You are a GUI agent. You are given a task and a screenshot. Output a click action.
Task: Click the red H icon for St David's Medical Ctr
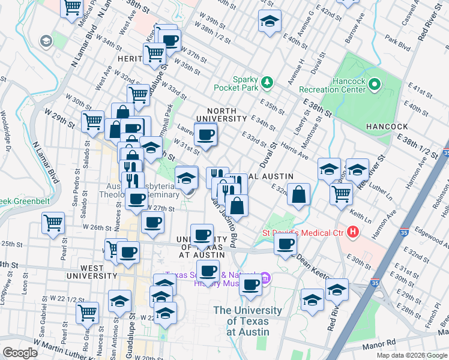354,231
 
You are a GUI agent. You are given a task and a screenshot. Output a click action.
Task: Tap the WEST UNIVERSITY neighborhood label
91,275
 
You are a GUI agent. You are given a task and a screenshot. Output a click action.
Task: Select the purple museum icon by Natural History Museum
267,278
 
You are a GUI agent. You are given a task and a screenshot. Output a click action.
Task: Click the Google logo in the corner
20,353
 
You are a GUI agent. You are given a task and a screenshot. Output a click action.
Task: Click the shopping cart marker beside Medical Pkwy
72,8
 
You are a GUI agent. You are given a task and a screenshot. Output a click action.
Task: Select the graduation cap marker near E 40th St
270,21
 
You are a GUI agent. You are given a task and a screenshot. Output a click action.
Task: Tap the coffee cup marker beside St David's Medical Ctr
286,244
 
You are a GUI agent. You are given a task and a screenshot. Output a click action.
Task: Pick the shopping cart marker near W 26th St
53,223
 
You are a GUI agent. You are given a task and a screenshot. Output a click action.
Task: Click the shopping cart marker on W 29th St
92,121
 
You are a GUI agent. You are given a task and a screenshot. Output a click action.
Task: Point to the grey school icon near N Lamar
45,41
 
